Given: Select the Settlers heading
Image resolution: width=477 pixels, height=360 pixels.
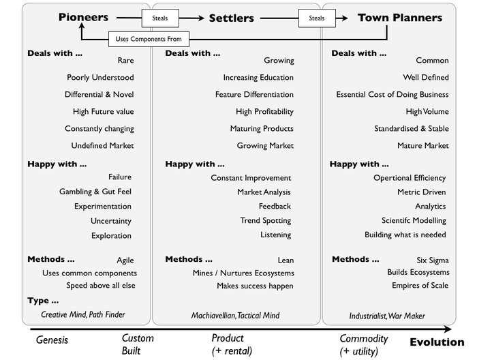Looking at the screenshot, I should click(x=232, y=18).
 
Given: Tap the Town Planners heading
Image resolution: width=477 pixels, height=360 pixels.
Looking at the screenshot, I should click(x=400, y=18).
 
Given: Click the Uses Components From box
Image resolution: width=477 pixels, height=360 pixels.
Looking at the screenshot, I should click(x=149, y=40).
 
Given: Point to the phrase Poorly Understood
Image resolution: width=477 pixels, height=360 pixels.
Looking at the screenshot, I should click(x=100, y=78).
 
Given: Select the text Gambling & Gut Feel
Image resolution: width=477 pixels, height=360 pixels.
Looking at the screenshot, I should click(x=95, y=192).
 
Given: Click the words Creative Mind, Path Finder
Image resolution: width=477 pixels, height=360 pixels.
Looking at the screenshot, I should click(x=83, y=315).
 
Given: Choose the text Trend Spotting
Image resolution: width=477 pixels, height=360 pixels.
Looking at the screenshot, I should click(x=265, y=220).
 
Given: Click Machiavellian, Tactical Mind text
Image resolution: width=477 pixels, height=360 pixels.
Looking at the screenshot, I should click(x=235, y=316).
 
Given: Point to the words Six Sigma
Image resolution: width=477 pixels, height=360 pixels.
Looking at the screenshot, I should click(x=432, y=260).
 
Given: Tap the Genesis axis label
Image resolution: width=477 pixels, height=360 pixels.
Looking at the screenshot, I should click(x=51, y=339).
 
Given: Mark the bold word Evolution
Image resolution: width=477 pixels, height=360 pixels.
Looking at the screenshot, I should click(x=437, y=342).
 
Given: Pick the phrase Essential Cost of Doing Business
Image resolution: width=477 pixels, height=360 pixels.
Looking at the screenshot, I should click(x=392, y=95).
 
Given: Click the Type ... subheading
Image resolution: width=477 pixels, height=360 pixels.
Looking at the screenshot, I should click(x=43, y=301).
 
